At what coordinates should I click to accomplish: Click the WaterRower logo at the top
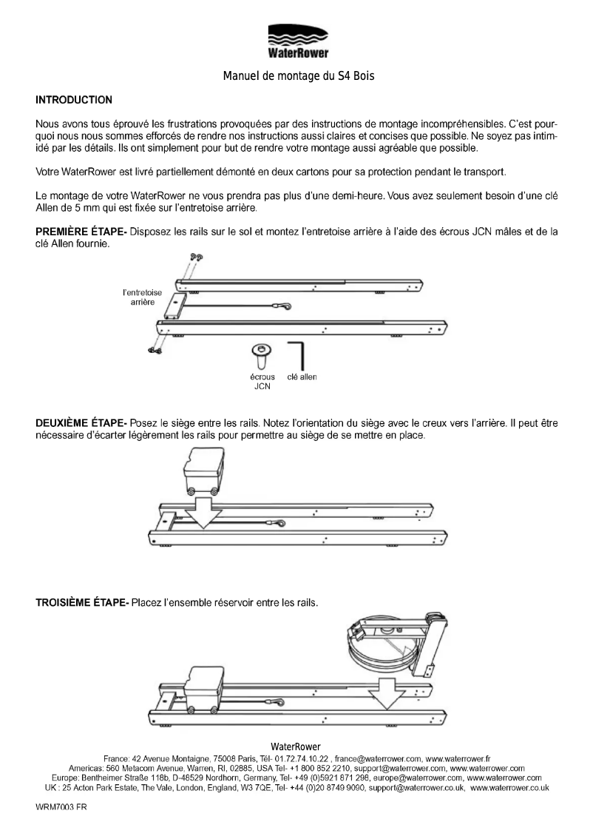click(296, 41)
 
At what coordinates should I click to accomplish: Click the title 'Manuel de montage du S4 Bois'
click(296, 75)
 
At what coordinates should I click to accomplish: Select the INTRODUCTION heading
click(74, 99)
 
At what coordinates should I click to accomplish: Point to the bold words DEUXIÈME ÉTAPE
click(81, 422)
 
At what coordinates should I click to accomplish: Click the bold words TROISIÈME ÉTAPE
click(82, 602)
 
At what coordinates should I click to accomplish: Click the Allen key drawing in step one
click(299, 355)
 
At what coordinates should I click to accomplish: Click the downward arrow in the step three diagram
click(383, 690)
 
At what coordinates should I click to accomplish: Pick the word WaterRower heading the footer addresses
click(296, 746)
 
